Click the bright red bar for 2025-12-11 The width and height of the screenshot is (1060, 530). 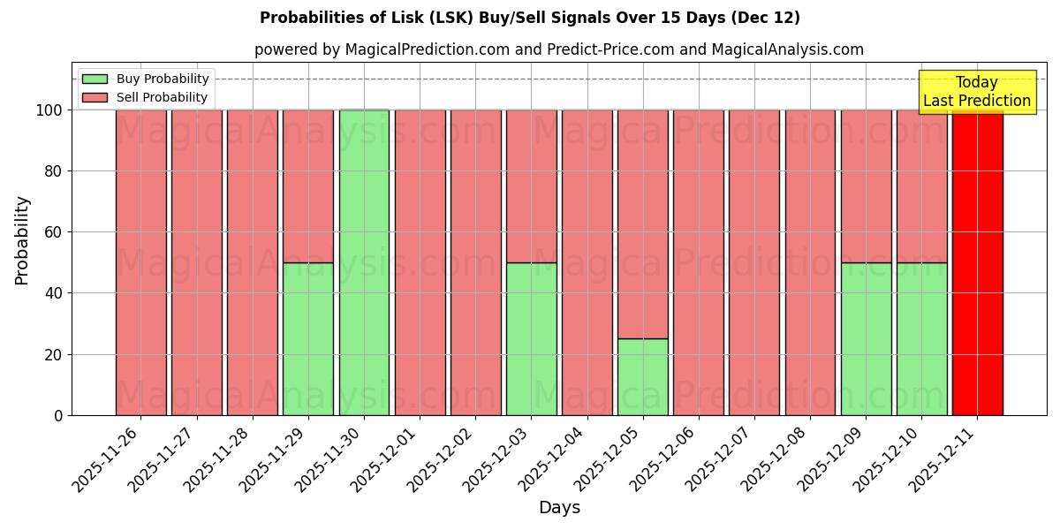point(977,265)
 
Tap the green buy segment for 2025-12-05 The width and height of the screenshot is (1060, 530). point(642,377)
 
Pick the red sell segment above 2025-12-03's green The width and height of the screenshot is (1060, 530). point(531,185)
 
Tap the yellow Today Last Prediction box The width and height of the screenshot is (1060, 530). point(976,92)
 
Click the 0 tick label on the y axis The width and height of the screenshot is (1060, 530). point(58,416)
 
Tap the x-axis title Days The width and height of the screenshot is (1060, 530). point(559,508)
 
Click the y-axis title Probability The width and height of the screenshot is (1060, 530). point(22,239)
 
